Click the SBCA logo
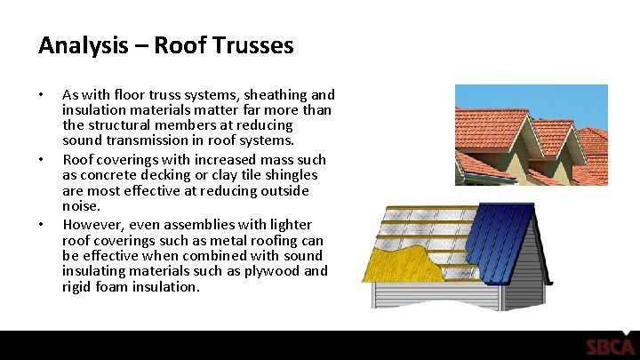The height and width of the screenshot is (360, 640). [610, 347]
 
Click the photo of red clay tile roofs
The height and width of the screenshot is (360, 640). [531, 134]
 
